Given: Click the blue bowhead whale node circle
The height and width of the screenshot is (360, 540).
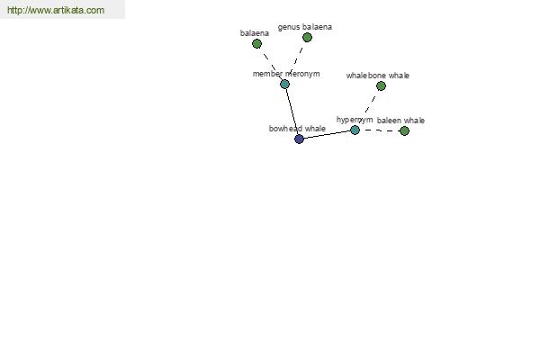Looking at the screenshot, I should pyautogui.click(x=299, y=139).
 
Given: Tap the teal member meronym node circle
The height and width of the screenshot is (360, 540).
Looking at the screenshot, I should pyautogui.click(x=284, y=84).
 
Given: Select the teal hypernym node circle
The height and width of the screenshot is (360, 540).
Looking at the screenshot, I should pyautogui.click(x=355, y=130).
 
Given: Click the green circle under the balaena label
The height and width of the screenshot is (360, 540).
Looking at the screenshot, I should pyautogui.click(x=256, y=43).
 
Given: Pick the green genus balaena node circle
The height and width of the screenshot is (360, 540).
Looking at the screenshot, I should pyautogui.click(x=307, y=37).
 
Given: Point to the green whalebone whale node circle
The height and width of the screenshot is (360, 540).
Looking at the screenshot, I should pyautogui.click(x=381, y=85).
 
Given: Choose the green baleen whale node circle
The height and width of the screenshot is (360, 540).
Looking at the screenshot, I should pyautogui.click(x=404, y=130).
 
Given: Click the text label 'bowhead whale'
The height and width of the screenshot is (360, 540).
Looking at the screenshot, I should pyautogui.click(x=297, y=129).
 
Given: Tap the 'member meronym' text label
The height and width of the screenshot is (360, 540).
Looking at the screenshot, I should pyautogui.click(x=286, y=74).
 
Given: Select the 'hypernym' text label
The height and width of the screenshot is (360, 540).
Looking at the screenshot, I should pyautogui.click(x=355, y=120).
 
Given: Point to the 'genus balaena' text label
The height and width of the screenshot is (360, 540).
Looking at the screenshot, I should pyautogui.click(x=304, y=27).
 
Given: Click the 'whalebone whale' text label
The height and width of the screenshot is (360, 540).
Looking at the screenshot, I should pyautogui.click(x=377, y=76).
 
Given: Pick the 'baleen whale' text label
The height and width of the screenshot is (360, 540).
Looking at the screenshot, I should pyautogui.click(x=400, y=121).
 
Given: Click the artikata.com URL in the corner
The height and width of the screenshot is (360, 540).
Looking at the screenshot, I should pyautogui.click(x=56, y=11).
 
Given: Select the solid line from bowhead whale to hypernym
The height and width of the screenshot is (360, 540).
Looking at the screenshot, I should pyautogui.click(x=327, y=134).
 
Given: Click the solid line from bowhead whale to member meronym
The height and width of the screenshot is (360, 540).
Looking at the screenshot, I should pyautogui.click(x=292, y=112).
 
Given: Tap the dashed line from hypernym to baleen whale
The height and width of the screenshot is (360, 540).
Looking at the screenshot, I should pyautogui.click(x=380, y=130).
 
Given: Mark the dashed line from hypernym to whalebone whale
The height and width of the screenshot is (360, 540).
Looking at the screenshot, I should pyautogui.click(x=368, y=107).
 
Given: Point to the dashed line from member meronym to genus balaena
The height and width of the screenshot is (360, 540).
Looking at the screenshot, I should pyautogui.click(x=296, y=59).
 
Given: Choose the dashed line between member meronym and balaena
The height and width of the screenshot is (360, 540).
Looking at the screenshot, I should pyautogui.click(x=270, y=63).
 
